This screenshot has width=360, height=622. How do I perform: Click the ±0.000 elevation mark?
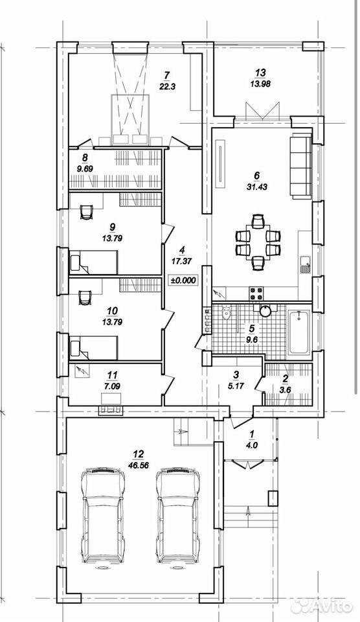tap(183, 280)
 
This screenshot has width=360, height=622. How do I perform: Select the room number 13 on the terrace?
tap(260, 73)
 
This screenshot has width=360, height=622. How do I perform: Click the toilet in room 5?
tap(227, 312)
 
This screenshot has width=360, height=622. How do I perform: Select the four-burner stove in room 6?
tap(256, 293)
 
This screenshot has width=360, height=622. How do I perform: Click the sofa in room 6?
tap(300, 167)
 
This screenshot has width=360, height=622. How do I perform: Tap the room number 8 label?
tap(84, 157)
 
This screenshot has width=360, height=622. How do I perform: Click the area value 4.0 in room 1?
tap(252, 445)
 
